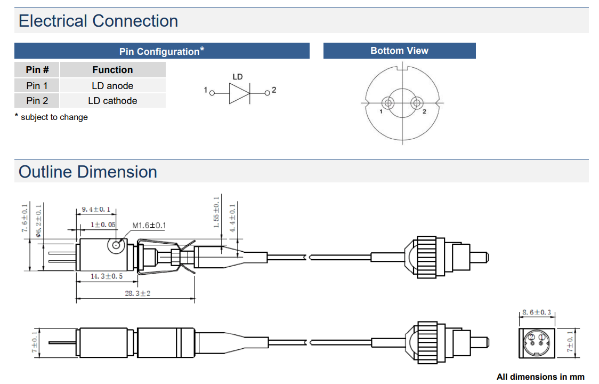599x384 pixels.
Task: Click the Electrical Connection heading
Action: (99, 21)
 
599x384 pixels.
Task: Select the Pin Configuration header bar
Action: (161, 51)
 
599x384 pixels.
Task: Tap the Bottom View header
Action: (399, 51)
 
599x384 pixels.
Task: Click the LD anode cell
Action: (112, 85)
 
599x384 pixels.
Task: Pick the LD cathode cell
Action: (112, 101)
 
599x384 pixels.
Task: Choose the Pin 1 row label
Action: (37, 85)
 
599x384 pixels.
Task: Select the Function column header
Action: (112, 70)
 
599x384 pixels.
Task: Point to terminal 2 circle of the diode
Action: (268, 93)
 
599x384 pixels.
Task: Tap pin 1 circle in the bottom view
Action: (388, 102)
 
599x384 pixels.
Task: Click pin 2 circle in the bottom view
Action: (417, 102)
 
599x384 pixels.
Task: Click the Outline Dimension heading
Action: (88, 172)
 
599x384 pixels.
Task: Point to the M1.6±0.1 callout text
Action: (149, 225)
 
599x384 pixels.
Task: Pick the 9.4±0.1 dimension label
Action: (96, 210)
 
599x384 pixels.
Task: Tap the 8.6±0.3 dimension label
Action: (536, 312)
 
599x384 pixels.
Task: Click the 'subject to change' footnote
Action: (52, 117)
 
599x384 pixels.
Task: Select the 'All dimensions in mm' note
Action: (540, 377)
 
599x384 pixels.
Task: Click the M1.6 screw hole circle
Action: (116, 245)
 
